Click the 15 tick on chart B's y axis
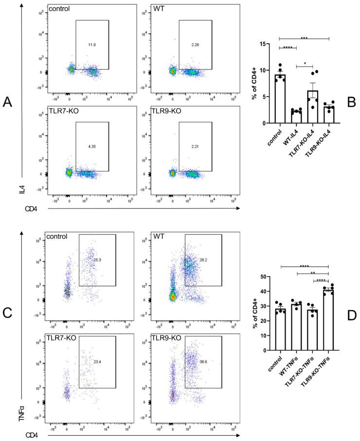coord(269,44)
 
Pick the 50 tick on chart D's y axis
coord(268,277)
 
